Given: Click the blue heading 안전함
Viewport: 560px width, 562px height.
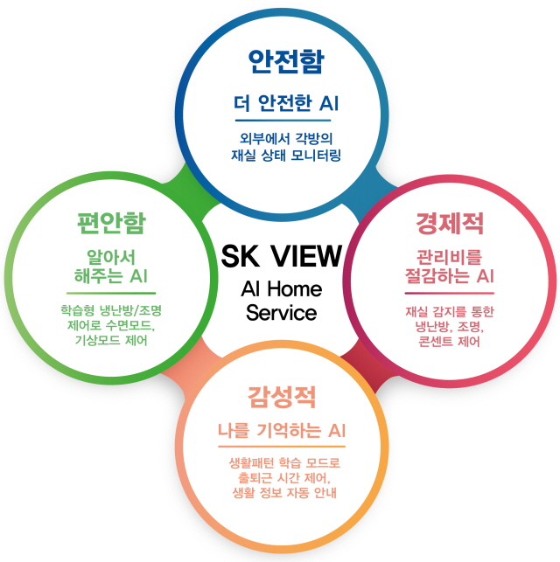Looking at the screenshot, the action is click(286, 61).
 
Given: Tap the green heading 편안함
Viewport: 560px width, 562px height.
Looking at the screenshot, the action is click(111, 223).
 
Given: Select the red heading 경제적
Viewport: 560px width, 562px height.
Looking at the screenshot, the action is click(450, 223).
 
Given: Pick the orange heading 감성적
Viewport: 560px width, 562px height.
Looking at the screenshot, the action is click(282, 397).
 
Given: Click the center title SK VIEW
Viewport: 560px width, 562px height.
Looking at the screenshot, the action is click(282, 256).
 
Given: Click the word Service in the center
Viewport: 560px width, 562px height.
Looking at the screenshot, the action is click(281, 312).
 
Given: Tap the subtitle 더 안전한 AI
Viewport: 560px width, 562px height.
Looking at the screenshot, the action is click(286, 103).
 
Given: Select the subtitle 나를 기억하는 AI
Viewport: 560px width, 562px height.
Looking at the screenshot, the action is click(282, 430).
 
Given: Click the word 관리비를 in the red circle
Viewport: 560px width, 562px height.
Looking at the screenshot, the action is click(449, 257).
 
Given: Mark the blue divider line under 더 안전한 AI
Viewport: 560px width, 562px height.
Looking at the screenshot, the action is click(283, 121).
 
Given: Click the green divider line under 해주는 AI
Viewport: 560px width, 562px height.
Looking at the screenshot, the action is click(111, 293).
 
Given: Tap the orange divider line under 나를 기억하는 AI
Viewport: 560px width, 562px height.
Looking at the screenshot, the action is click(282, 447).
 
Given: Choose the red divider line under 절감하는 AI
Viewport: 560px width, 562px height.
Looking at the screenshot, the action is click(450, 293).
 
